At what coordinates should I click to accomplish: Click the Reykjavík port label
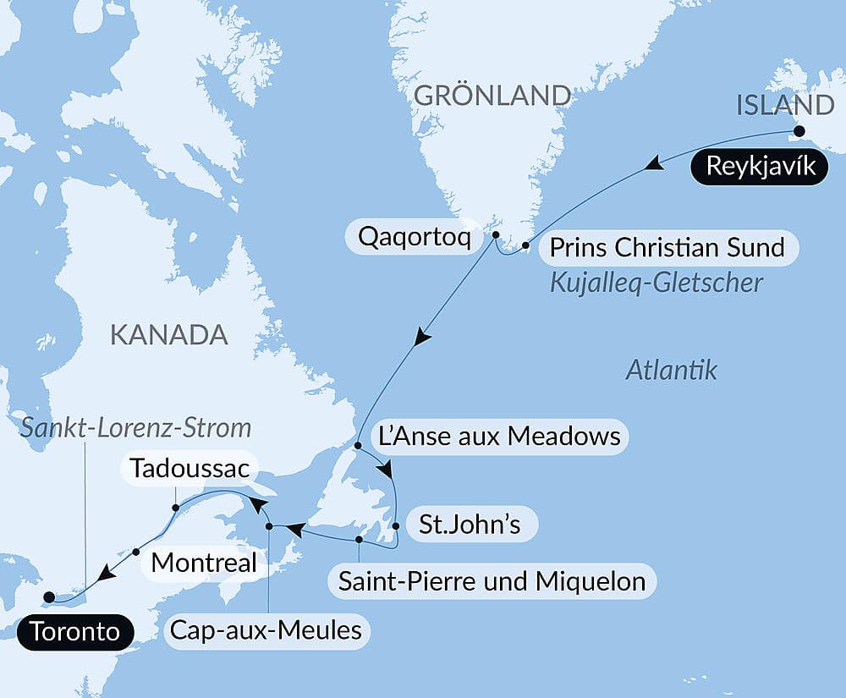tap(758, 167)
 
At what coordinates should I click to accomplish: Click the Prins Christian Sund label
tap(667, 249)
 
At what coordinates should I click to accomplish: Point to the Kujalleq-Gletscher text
tap(656, 283)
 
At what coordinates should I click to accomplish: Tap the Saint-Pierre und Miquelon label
tap(492, 581)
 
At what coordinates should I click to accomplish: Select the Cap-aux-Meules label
tap(266, 631)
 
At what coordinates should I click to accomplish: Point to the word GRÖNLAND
tap(492, 96)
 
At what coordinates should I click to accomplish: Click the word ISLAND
tap(786, 106)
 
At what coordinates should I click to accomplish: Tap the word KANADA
tap(169, 335)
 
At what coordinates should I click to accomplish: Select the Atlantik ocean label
tap(672, 370)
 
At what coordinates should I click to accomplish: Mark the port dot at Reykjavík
tap(798, 131)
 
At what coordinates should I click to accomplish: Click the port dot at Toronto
tap(49, 596)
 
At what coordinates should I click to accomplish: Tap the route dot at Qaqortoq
tap(496, 235)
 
